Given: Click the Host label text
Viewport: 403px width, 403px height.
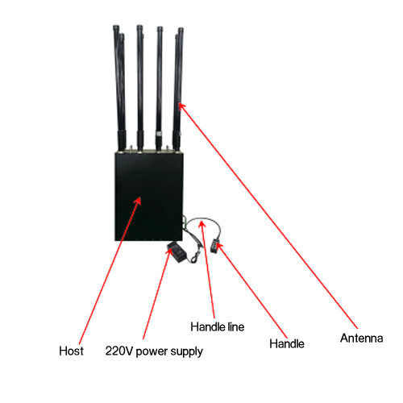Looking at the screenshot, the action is [71, 351].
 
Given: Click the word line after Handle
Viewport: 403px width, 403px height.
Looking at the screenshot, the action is [236, 327].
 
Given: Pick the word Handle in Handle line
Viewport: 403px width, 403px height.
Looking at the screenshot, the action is [208, 327].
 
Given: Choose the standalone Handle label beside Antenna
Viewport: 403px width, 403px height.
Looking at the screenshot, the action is [287, 343].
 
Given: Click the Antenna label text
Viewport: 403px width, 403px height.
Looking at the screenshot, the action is [362, 338].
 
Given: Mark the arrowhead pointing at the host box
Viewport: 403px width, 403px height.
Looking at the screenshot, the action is [138, 201].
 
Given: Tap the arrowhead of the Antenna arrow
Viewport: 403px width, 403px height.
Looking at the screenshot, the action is [181, 106].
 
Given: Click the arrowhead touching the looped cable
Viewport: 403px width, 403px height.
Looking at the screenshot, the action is [202, 223].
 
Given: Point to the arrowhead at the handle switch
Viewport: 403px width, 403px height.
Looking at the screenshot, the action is [219, 246].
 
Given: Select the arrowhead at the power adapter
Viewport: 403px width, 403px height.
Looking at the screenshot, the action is [170, 251].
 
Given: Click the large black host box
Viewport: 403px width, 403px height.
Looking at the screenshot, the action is [149, 197].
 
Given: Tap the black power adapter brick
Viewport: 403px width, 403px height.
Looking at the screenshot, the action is [177, 251].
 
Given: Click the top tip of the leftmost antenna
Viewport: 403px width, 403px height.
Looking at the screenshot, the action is [116, 26].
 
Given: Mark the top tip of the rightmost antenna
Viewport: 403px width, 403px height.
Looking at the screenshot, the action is [181, 27].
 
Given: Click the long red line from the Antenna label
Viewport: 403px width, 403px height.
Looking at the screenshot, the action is [268, 217].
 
